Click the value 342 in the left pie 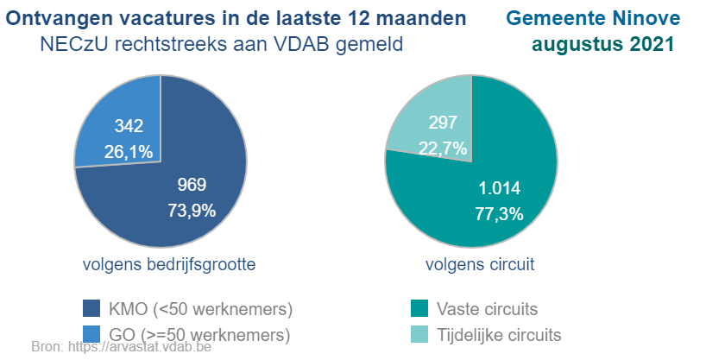tap(129, 127)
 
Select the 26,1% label tap(129, 152)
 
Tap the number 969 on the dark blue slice tap(192, 185)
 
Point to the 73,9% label tap(192, 210)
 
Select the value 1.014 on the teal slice tap(500, 189)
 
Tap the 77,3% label tap(500, 214)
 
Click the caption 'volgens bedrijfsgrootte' tap(169, 264)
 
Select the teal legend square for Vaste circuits tap(420, 309)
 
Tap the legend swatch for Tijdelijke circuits tap(420, 334)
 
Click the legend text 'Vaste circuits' tap(488, 309)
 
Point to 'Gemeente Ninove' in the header tap(593, 18)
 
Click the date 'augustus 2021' tap(603, 44)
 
